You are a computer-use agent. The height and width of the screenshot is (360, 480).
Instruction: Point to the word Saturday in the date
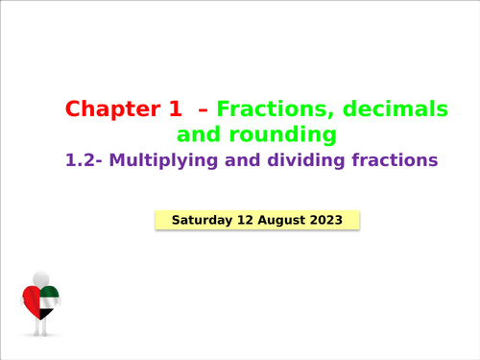click(202, 220)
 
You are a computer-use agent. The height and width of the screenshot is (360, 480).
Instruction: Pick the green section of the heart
click(51, 295)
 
